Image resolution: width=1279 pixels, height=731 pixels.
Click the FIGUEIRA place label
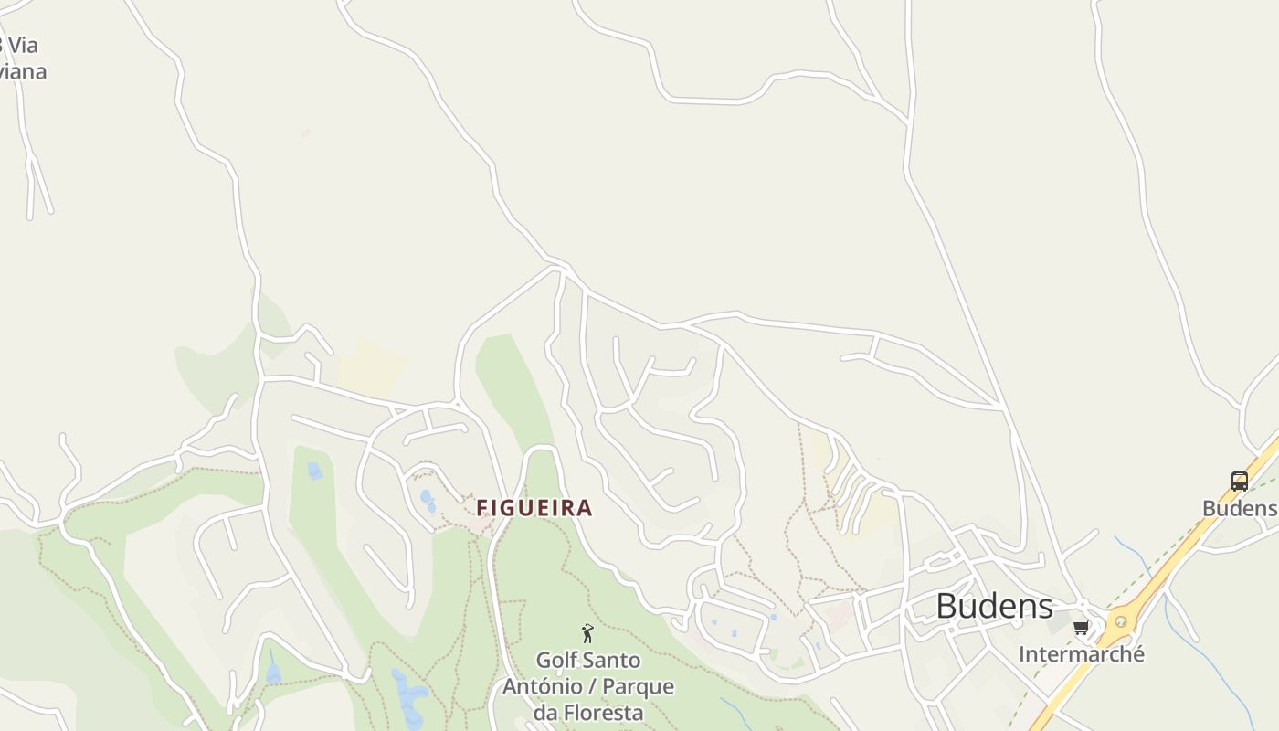[x=534, y=508]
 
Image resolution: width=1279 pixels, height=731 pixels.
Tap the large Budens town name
[x=994, y=606]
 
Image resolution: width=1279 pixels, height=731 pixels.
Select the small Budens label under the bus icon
[x=1239, y=508]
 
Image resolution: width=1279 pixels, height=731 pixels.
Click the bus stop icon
[x=1239, y=481]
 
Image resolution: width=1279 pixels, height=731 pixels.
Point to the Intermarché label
[x=1081, y=654]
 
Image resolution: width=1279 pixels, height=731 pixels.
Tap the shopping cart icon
[x=1082, y=627]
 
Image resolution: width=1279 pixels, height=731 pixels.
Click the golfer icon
[x=587, y=633]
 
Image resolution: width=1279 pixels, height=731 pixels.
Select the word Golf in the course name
[x=557, y=660]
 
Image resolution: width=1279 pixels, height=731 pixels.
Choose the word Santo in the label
[x=612, y=660]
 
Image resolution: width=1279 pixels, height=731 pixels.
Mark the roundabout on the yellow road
[x=1120, y=622]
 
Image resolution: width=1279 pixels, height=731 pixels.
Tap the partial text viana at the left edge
[x=22, y=71]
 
